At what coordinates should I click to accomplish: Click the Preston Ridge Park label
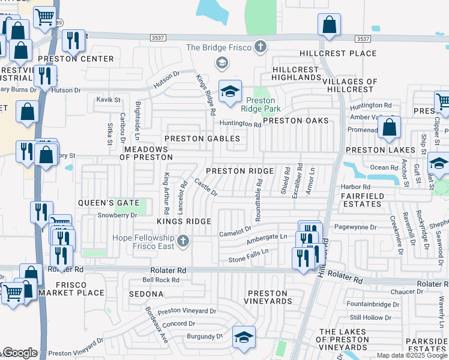coord(258,105)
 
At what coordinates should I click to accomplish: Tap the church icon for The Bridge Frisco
coord(260,47)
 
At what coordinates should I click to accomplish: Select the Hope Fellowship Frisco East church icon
coord(184,242)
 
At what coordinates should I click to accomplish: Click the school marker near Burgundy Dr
coord(244,337)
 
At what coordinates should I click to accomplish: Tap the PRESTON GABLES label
coord(202,139)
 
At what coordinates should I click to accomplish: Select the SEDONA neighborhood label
coord(146,294)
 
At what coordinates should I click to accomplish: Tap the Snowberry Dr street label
coord(118,215)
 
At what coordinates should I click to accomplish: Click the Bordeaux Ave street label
coord(155,325)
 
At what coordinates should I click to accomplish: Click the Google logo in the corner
coord(19,353)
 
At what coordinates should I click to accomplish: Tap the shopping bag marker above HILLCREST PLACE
coord(329,25)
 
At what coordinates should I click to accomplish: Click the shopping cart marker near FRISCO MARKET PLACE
coord(13,293)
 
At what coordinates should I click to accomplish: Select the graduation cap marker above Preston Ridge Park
coord(230,92)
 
